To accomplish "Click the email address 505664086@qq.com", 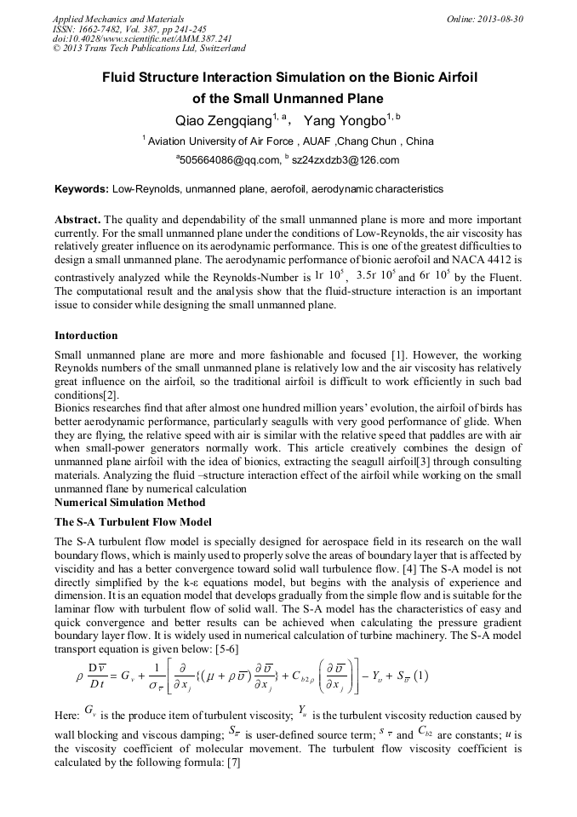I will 229,159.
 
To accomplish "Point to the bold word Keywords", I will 81,188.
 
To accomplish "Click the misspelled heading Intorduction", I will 86,335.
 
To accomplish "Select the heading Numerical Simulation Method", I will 129,502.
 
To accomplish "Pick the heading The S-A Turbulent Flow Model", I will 133,521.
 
